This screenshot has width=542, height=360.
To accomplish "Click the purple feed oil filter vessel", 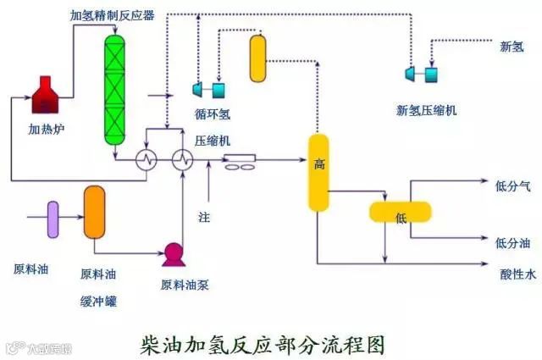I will point(53,218).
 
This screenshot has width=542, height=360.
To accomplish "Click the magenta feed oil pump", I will point(174,252).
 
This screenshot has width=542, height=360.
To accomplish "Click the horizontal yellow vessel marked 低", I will point(401,212).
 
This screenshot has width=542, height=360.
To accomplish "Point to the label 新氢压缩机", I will point(426,110).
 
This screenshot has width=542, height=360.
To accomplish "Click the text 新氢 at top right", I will point(511,47).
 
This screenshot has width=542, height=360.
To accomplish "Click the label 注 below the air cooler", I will point(203,217).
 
